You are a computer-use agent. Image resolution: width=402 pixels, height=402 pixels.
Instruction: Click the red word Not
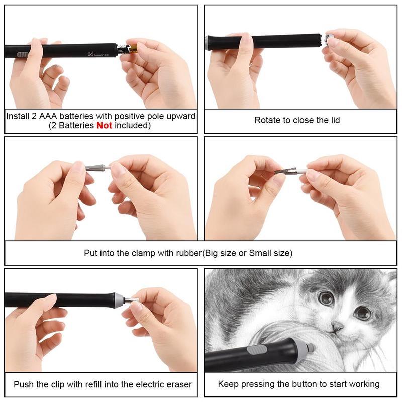point(104,126)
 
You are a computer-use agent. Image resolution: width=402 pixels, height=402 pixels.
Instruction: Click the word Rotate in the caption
point(267,120)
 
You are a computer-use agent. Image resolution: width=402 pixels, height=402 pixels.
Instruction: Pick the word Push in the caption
point(23,384)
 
